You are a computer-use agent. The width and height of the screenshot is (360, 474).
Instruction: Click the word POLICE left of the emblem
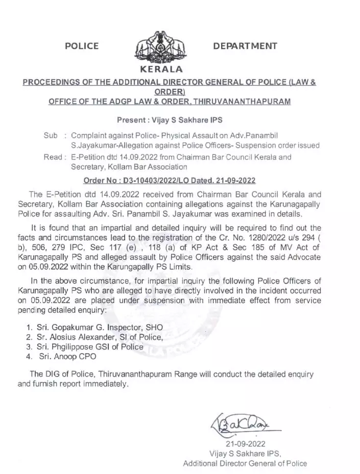click(82, 46)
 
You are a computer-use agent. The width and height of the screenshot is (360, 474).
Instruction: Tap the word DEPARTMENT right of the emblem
click(245, 46)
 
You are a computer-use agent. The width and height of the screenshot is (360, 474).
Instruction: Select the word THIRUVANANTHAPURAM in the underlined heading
click(240, 102)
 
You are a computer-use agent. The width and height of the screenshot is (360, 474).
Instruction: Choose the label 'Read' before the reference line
click(53, 157)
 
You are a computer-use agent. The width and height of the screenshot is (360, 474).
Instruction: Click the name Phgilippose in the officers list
click(75, 347)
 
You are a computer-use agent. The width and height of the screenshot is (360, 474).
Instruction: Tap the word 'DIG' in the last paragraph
click(54, 374)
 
